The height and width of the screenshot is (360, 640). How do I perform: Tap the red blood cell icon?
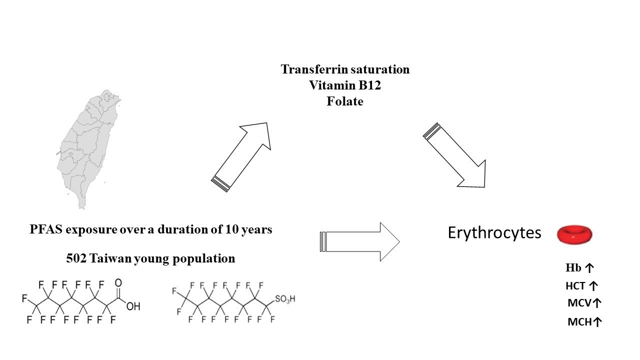574,234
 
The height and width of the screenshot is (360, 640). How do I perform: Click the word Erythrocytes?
494,233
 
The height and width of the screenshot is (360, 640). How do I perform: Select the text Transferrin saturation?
345,69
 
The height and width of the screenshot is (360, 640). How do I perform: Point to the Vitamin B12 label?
345,85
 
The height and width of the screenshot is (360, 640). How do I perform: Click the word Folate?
345,101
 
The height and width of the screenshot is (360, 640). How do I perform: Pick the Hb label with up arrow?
579,268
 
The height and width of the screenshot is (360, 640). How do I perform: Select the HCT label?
581,286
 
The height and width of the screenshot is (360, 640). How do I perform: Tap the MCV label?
584,303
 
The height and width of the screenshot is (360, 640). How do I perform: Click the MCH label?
584,322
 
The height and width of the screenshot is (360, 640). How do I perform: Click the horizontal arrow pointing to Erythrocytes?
360,242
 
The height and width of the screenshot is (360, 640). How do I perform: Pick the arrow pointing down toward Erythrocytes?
455,155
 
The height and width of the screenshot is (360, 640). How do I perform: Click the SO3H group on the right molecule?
285,299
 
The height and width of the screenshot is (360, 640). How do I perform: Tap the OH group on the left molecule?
133,306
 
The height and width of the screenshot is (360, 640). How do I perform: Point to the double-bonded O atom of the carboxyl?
118,283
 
